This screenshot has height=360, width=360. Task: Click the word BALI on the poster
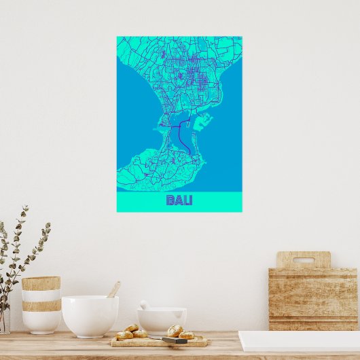pyautogui.click(x=179, y=200)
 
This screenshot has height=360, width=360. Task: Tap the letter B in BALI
pyautogui.click(x=170, y=200)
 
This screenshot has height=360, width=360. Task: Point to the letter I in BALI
pyautogui.click(x=190, y=200)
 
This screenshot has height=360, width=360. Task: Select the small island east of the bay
pyautogui.click(x=204, y=122)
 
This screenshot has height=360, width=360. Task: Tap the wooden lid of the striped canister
pyautogui.click(x=41, y=283)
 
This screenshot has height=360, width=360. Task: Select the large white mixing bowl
pyautogui.click(x=90, y=316)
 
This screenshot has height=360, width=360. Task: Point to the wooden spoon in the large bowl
pyautogui.click(x=114, y=289)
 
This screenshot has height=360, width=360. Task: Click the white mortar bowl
pyautogui.click(x=162, y=319)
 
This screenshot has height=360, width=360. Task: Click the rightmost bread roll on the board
pyautogui.click(x=187, y=334)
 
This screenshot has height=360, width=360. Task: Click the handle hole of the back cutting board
pyautogui.click(x=304, y=259)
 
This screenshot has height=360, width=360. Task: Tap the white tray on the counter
pyautogui.click(x=299, y=341)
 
